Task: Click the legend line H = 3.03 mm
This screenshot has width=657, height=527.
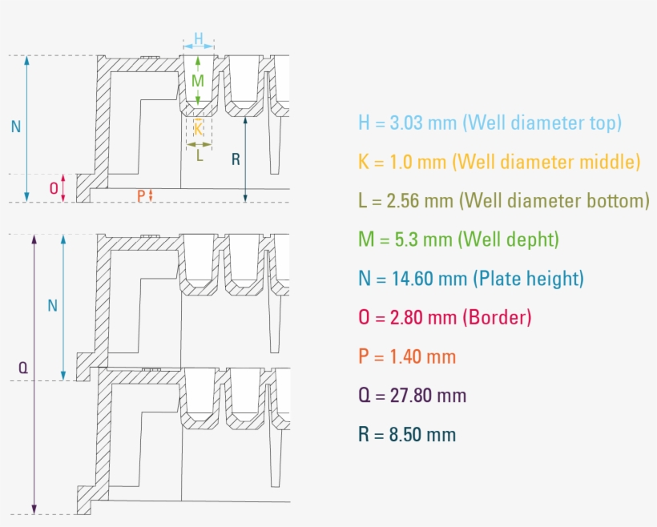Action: (x=490, y=123)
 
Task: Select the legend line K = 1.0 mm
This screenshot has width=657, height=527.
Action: (x=499, y=162)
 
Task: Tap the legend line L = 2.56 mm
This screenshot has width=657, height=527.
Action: (x=503, y=200)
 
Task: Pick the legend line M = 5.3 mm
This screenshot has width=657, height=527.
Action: (x=458, y=239)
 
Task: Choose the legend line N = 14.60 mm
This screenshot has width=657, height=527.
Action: (x=471, y=279)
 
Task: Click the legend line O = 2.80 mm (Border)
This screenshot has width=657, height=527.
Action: (x=445, y=317)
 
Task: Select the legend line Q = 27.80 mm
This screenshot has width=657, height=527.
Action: (x=412, y=395)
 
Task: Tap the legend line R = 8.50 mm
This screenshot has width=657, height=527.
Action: (x=407, y=434)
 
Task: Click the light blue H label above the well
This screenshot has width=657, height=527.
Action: (x=199, y=38)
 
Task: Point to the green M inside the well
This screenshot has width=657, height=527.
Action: (x=198, y=81)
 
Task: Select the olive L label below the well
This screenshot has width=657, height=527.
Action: (x=200, y=155)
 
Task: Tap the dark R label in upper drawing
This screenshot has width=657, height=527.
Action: (x=235, y=159)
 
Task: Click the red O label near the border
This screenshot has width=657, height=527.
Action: (x=54, y=189)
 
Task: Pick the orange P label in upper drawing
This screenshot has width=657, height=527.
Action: (x=141, y=195)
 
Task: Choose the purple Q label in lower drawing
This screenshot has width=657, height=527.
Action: (x=22, y=368)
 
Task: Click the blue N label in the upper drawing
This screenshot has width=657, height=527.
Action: (x=15, y=126)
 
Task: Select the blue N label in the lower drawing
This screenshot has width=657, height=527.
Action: (x=52, y=305)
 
